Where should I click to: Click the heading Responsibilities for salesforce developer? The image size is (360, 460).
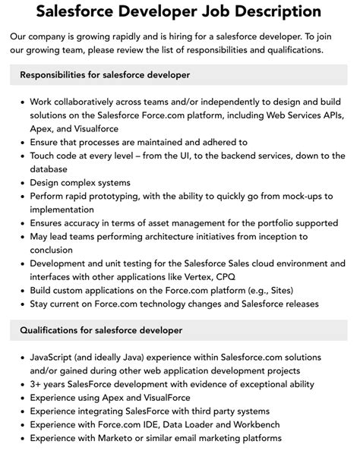coord(105,75)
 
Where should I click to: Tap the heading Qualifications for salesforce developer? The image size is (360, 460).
coord(101,331)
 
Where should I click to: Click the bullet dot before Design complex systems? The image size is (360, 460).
coord(22,183)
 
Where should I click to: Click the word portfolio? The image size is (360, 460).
coord(264,224)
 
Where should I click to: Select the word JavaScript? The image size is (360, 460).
coord(55,358)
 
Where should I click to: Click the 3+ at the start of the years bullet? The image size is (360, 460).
coord(37,384)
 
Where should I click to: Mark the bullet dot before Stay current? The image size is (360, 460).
coord(22,305)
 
